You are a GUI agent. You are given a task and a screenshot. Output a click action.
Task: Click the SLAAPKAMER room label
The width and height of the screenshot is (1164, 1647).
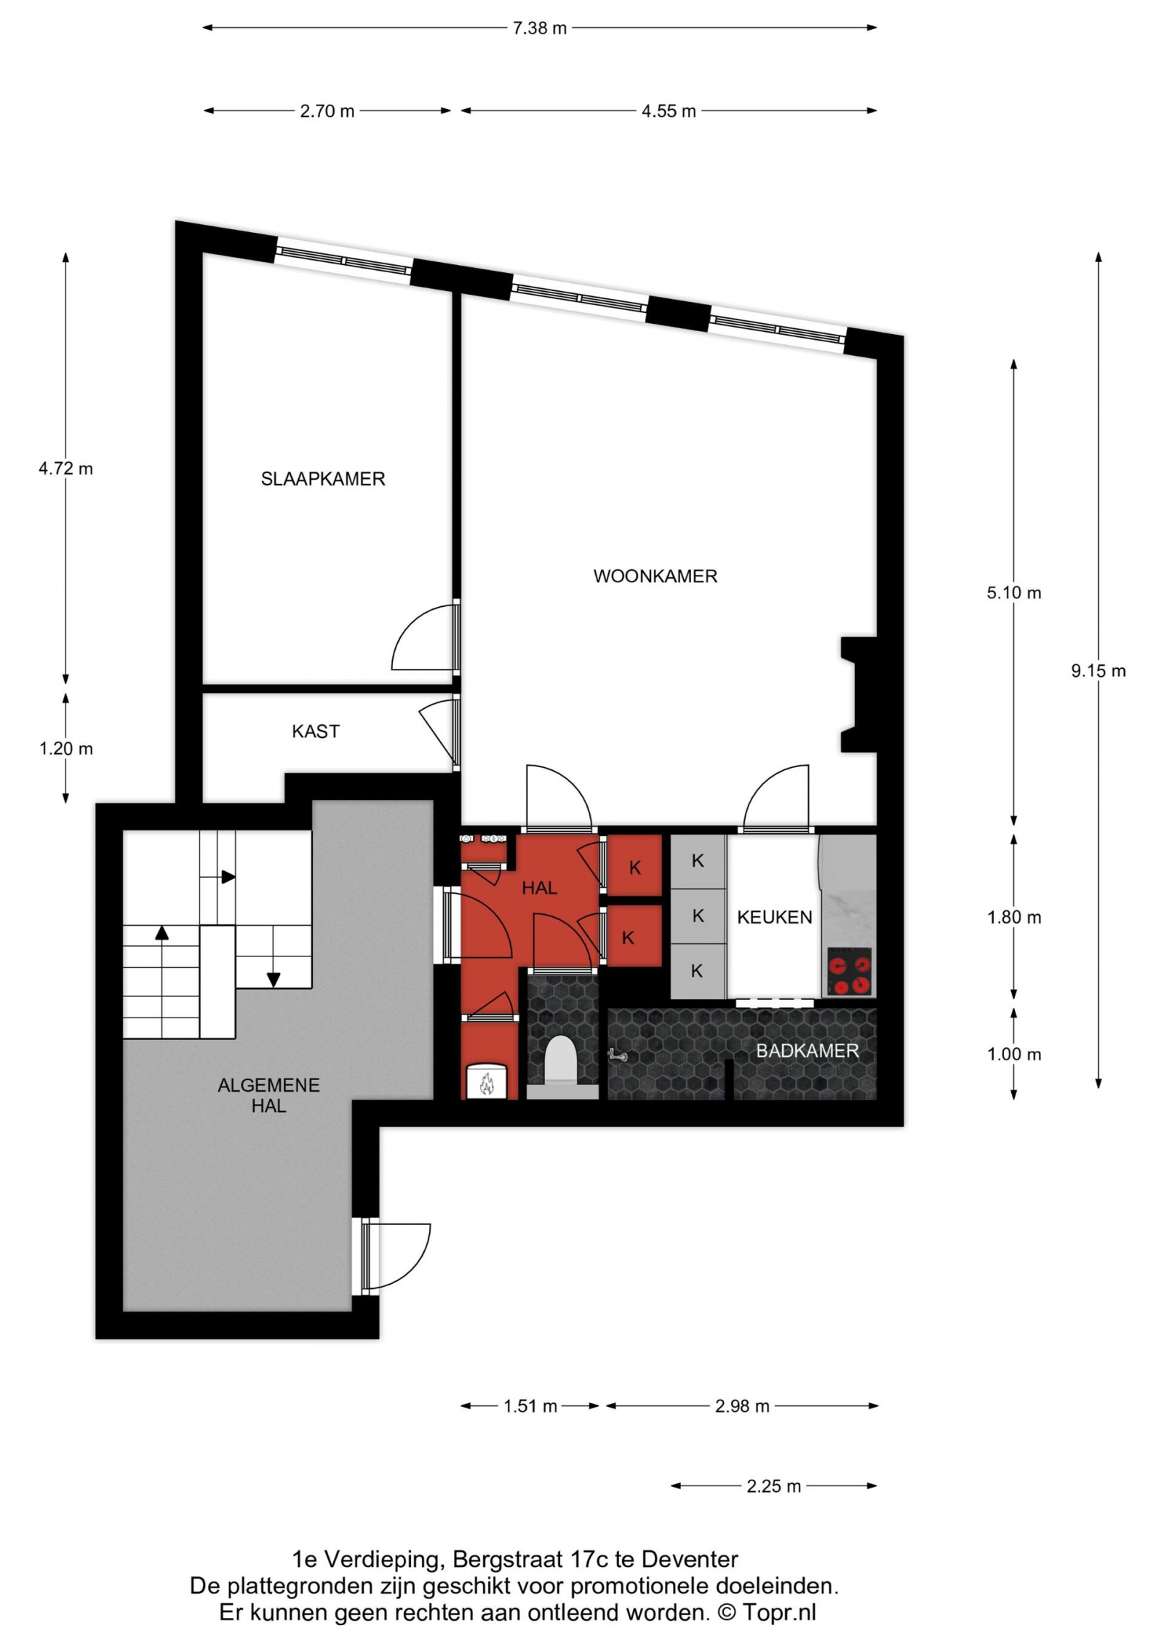pos(323,479)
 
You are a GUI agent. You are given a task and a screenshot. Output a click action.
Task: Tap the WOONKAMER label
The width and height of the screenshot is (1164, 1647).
pos(655,576)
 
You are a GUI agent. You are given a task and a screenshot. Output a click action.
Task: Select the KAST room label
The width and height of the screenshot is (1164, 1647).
pos(316,731)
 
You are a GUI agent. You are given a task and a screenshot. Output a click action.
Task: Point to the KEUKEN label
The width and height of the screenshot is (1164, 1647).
pos(775,917)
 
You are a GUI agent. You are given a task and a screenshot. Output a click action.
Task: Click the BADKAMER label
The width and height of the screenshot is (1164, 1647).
pos(808,1051)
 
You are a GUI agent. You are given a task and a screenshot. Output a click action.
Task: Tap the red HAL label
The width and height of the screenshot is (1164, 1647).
pos(539,888)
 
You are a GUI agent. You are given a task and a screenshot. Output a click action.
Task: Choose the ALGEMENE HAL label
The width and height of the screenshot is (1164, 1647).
pos(268,1095)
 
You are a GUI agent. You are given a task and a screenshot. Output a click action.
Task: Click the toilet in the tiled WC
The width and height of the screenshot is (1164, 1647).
pos(560,1059)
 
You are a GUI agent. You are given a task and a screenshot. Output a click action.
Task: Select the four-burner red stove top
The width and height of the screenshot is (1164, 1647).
pos(850,972)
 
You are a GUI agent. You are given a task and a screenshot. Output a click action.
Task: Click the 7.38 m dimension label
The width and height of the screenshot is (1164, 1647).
pos(539,28)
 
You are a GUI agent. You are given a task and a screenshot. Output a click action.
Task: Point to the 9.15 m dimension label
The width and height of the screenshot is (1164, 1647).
pos(1098,671)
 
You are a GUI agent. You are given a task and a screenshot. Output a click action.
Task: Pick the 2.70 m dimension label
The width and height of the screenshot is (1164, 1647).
pos(327,111)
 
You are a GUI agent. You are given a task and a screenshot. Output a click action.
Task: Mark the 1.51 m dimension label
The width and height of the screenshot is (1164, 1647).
pos(530,1406)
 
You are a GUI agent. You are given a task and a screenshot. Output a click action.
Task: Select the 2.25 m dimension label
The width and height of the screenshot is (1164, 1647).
pos(773,1486)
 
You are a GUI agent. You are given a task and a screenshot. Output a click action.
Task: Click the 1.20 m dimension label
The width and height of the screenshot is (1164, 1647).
pos(66,749)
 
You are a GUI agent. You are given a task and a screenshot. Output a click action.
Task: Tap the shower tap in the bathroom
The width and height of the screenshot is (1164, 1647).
pos(617,1055)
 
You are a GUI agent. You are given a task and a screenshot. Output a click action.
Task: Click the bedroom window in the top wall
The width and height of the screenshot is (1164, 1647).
pos(343,261)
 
